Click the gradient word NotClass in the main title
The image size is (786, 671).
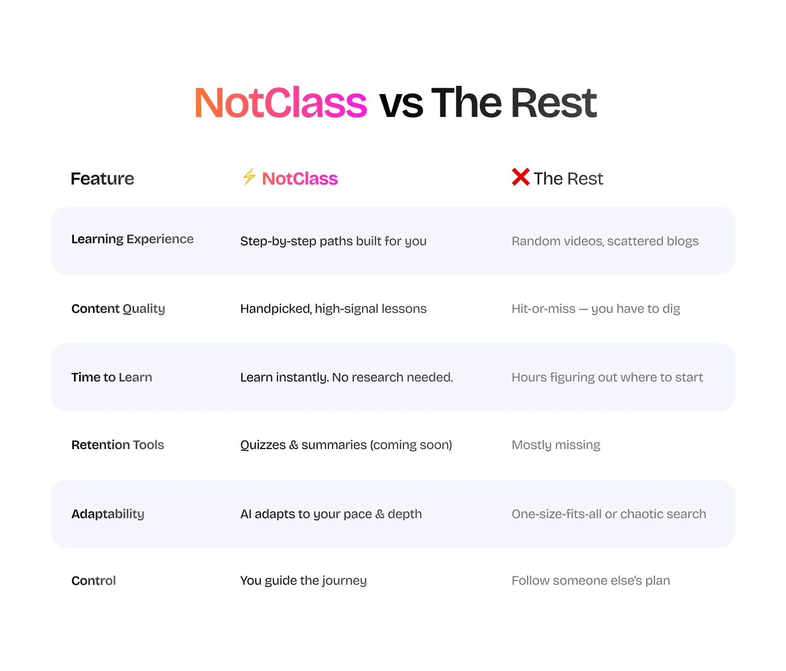point(280,102)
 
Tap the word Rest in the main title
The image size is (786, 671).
point(554,102)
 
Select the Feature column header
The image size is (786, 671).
point(102,178)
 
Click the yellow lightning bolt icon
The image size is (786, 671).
point(249,177)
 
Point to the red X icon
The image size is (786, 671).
point(520,177)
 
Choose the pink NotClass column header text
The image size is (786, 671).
point(299,178)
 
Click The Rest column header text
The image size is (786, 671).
point(568,178)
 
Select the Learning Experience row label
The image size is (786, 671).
point(133,239)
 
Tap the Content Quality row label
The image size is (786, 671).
point(118,309)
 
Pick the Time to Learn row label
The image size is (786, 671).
point(112,377)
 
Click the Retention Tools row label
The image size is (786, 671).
point(118,445)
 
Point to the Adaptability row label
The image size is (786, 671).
point(108,514)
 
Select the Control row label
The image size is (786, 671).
point(94,581)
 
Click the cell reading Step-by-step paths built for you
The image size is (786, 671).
point(334,241)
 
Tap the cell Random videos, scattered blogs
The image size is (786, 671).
point(605,241)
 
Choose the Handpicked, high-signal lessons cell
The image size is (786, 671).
point(334,309)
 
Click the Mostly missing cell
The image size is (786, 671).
point(556,445)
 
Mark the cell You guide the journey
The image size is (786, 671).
point(304,581)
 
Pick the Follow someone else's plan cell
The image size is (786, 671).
point(591,581)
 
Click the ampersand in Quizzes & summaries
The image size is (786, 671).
point(294,445)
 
